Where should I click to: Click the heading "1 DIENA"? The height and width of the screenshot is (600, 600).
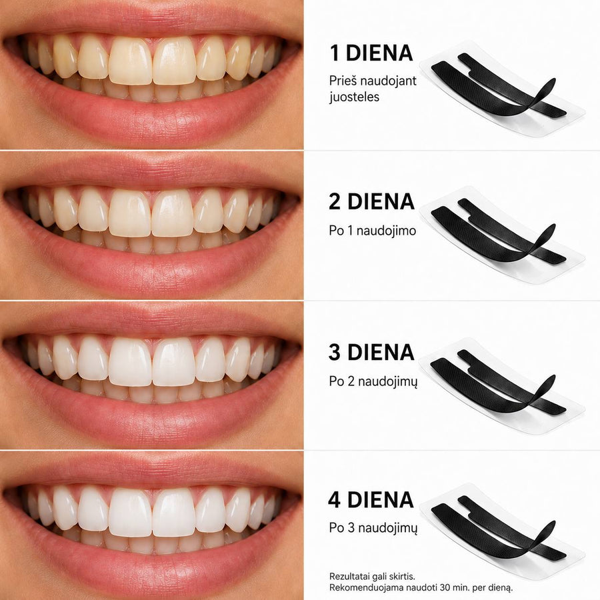[371, 53]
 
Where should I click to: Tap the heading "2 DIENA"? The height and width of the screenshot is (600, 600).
[371, 201]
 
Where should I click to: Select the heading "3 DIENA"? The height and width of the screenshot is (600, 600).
[371, 352]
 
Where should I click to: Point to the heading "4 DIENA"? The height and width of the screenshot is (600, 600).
[371, 499]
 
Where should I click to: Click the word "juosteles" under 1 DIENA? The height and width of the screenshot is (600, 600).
[355, 97]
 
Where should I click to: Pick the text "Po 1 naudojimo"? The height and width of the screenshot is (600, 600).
[372, 231]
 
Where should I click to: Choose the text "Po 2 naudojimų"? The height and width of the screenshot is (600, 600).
[373, 381]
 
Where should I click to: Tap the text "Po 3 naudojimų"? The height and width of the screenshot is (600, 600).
[373, 528]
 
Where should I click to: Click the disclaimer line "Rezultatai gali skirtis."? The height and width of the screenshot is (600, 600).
[372, 576]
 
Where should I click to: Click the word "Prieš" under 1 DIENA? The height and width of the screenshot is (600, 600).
[343, 81]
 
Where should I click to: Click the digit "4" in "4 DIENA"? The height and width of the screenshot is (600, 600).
[335, 499]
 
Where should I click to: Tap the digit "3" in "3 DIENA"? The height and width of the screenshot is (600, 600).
[335, 352]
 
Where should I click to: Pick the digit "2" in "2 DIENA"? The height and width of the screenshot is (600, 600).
[335, 201]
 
